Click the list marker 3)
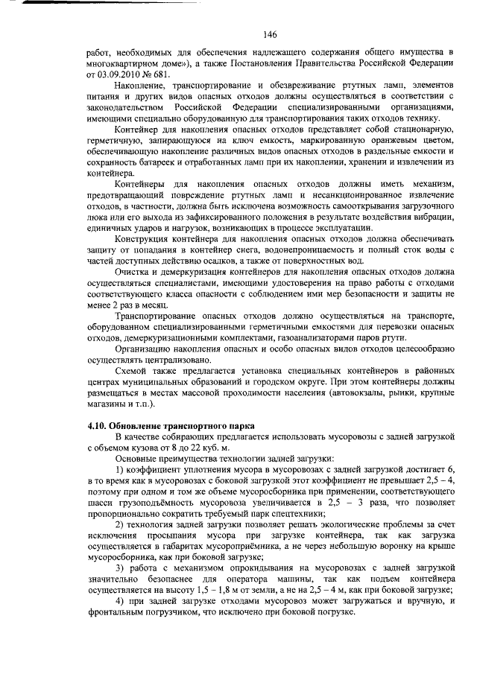(119, 569)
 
